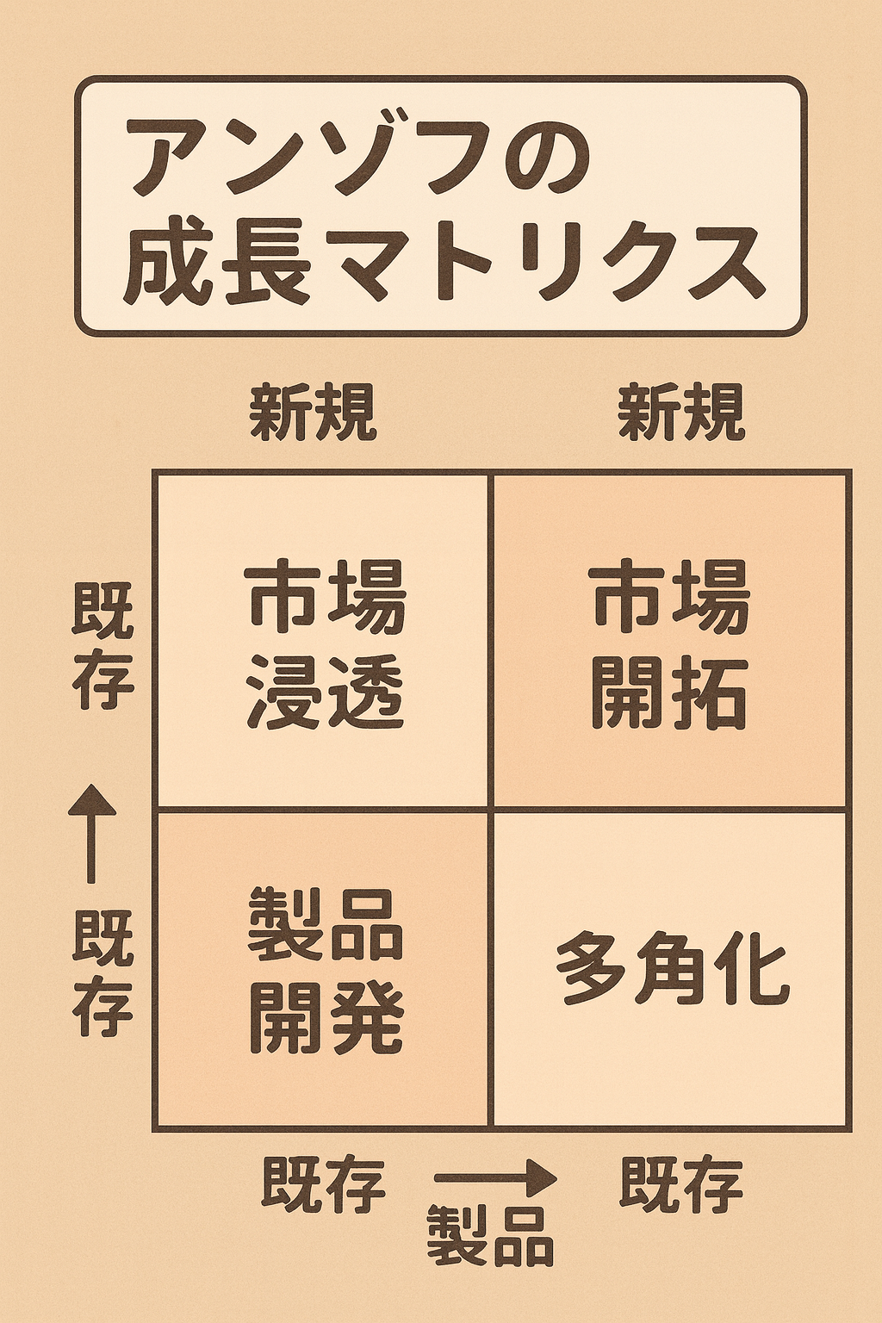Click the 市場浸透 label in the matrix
326,646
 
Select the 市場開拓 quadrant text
670,646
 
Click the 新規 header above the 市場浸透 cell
314,412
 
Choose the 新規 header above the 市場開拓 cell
681,412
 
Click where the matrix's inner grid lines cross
490,808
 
